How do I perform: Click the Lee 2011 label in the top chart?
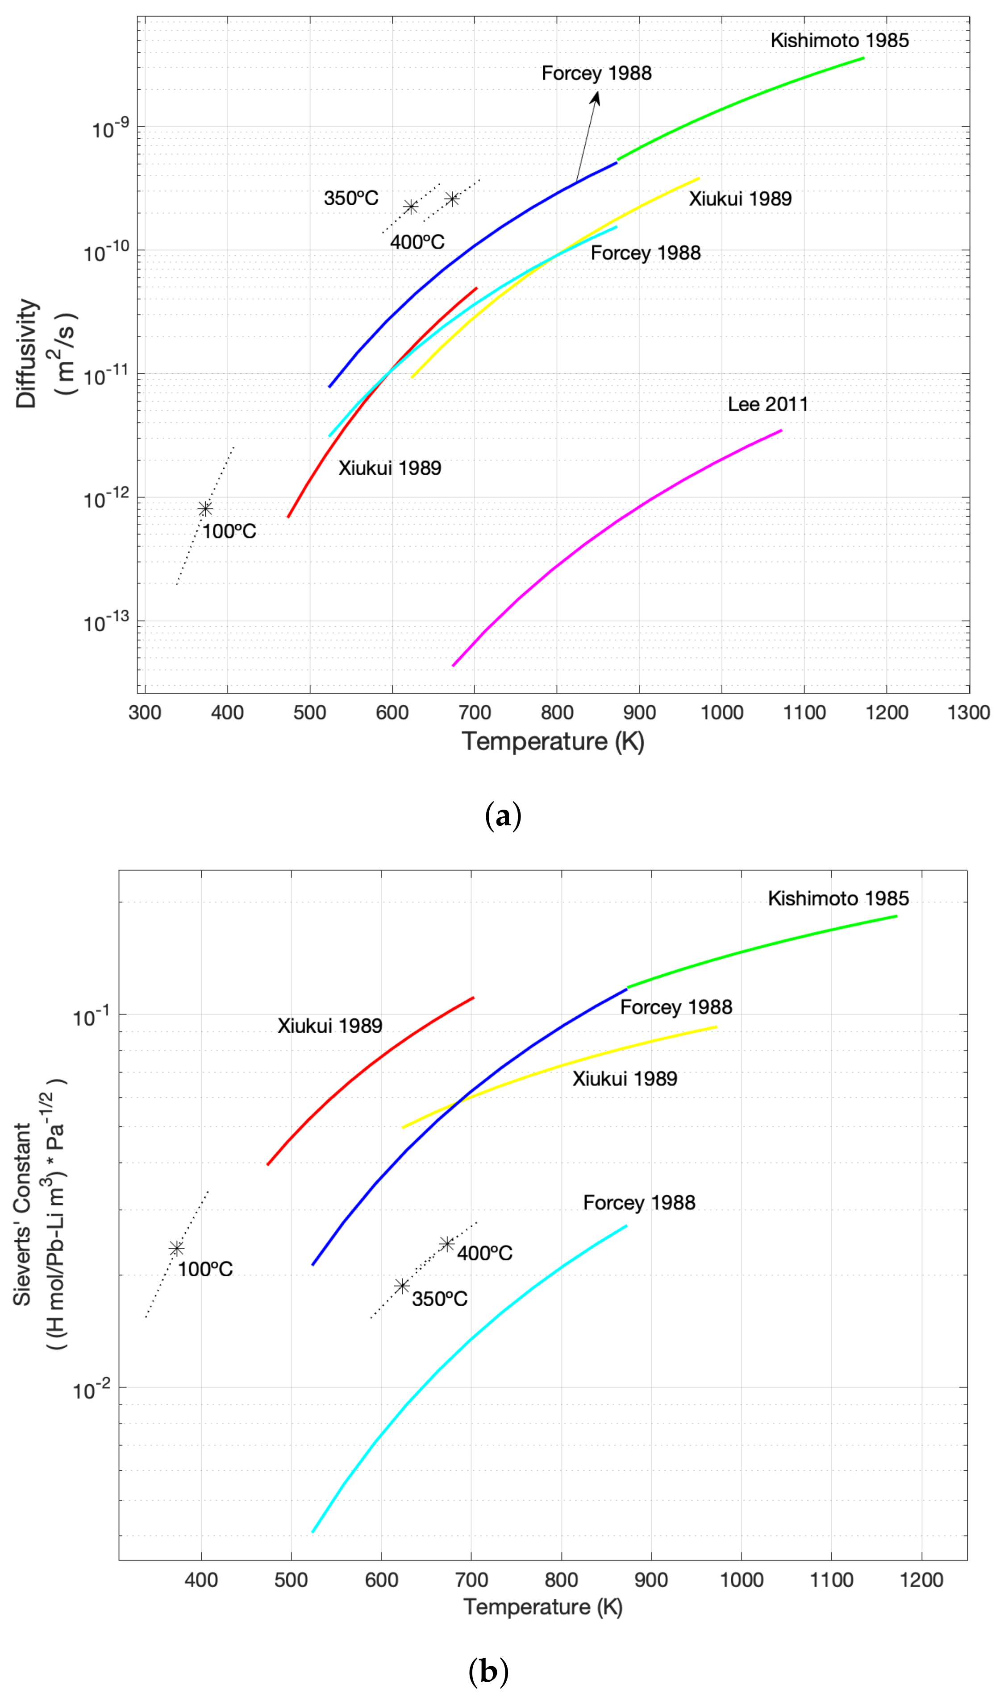pos(767,404)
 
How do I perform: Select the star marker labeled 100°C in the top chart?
pos(205,509)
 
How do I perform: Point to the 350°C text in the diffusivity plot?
pos(351,198)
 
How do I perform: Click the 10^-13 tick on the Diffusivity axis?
pos(104,623)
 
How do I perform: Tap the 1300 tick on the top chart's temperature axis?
pos(968,712)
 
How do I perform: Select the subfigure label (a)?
pos(503,816)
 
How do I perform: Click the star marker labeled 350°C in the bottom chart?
pos(402,1286)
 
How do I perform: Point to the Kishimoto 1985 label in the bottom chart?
pos(838,898)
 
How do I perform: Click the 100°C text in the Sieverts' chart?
pos(205,1269)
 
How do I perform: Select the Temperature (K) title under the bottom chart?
pos(542,1607)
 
